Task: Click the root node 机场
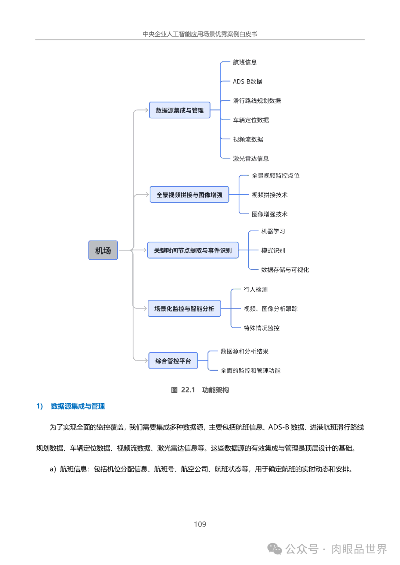pos(103,250)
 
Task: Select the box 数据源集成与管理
pos(180,110)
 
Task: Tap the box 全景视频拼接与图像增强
pos(189,195)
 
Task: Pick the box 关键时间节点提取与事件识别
pos(193,250)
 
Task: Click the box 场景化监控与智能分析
pos(184,309)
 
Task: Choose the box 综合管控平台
pos(173,361)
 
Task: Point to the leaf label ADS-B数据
pos(247,81)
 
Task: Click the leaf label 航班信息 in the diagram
pos(245,62)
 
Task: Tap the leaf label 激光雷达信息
pos(251,159)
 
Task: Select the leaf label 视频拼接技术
pos(270,195)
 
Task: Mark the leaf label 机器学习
pos(273,231)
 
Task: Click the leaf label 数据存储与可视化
pos(285,270)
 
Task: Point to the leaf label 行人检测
pos(256,289)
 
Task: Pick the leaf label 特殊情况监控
pos(261,328)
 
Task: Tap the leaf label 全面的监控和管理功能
pos(250,370)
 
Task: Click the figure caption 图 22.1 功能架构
pos(200,390)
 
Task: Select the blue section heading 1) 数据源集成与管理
pos(71,406)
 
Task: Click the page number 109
pos(200,524)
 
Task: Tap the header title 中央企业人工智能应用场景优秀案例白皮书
pos(200,34)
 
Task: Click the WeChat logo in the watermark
pos(275,549)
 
